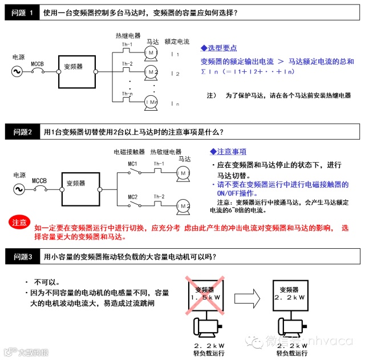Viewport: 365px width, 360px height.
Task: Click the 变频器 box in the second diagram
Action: point(76,184)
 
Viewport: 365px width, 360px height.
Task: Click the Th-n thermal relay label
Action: point(127,94)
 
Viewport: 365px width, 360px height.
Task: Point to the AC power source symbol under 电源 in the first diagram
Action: point(19,72)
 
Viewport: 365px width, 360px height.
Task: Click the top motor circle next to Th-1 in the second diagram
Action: point(184,172)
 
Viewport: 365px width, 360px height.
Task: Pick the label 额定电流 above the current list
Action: point(176,42)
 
